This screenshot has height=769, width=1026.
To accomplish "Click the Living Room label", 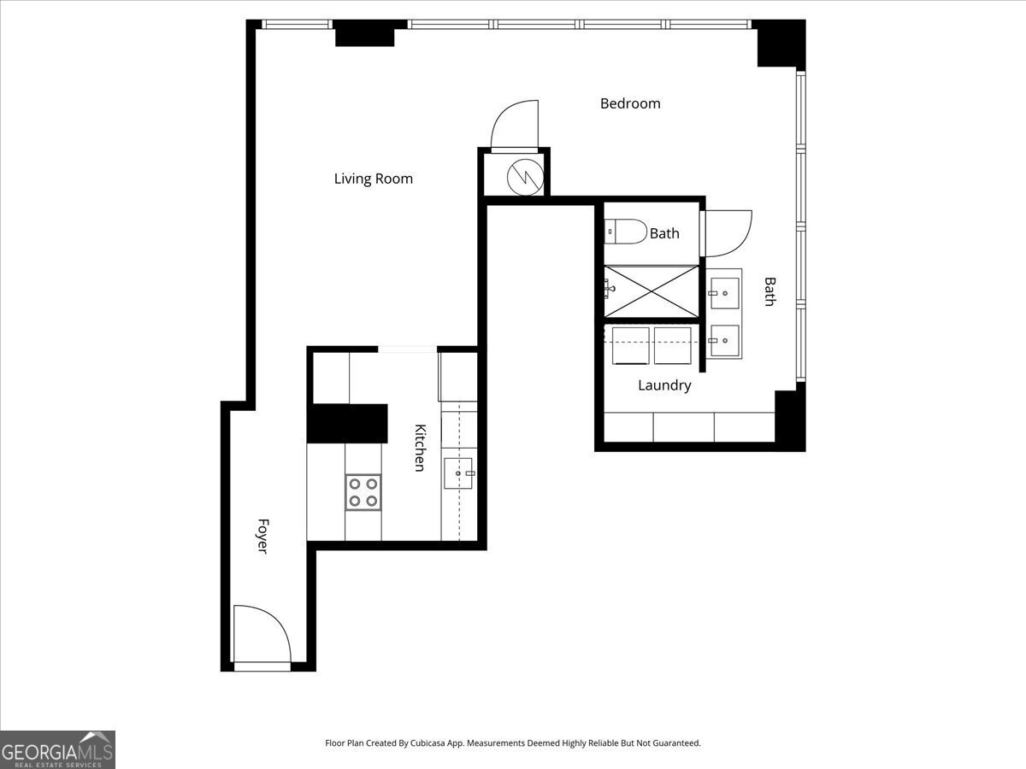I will [x=373, y=179].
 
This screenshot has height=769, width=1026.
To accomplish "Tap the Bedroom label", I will [x=630, y=103].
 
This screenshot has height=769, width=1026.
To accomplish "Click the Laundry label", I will [x=664, y=385].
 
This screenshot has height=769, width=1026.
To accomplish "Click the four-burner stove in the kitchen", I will [x=363, y=492].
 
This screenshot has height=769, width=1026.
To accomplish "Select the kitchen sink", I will [x=459, y=473].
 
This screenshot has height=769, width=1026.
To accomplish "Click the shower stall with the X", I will [x=652, y=291].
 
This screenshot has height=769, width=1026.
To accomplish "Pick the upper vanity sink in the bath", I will [x=724, y=293].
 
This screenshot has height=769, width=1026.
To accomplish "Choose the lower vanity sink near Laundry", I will [x=724, y=341].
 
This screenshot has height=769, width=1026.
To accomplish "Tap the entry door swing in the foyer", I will [x=262, y=633].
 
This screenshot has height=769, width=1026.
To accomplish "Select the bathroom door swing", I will [x=727, y=233].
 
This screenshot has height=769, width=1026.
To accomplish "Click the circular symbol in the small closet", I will [x=524, y=177].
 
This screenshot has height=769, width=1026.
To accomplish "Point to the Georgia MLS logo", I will [x=57, y=749].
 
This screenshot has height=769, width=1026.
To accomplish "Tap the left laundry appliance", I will [x=631, y=345].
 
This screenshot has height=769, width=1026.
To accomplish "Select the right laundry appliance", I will [x=672, y=345].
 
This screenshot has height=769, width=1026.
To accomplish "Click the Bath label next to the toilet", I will [x=664, y=233].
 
